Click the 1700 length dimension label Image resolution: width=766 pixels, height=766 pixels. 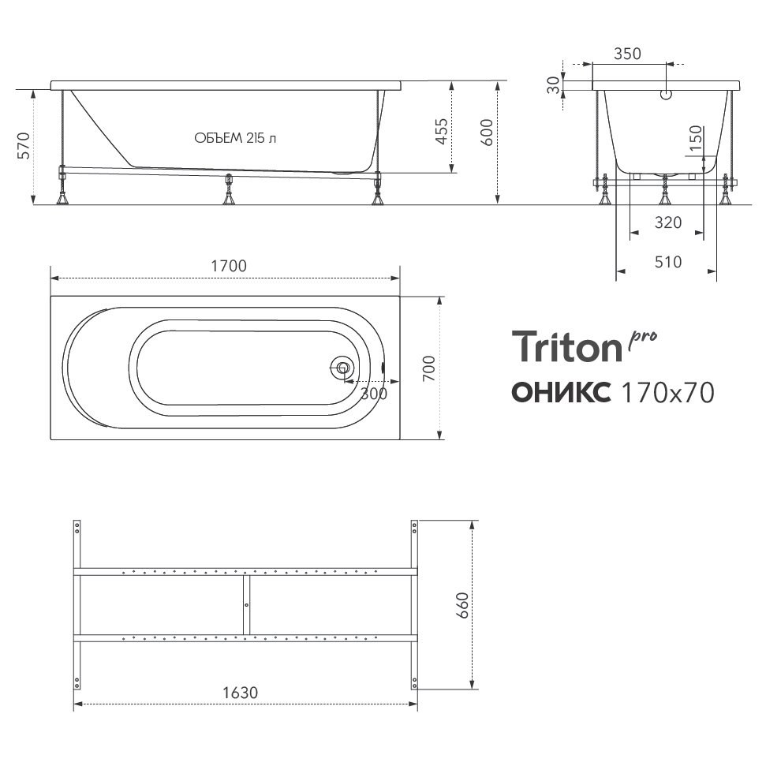229,266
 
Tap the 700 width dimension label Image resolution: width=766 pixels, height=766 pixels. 428,369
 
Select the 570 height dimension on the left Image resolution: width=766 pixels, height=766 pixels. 24,146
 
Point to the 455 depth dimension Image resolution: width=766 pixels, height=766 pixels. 441,131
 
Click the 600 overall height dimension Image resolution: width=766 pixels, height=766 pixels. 487,133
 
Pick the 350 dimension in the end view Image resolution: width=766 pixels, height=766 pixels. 627,54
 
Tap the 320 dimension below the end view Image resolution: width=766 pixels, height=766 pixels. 668,222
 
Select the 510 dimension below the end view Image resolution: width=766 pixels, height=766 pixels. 668,263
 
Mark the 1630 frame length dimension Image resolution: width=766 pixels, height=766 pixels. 241,693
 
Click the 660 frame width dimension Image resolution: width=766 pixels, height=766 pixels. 462,605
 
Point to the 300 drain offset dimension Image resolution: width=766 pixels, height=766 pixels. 374,394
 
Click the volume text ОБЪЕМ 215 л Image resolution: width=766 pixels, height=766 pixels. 235,138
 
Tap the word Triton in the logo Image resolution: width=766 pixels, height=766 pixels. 566,346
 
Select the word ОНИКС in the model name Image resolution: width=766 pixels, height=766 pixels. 562,392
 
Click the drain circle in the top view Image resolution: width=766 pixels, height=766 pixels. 343,368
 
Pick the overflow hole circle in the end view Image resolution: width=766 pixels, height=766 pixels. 666,95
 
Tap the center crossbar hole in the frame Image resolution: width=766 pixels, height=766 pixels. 247,605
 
